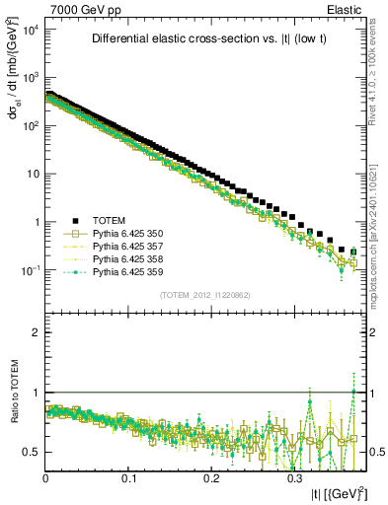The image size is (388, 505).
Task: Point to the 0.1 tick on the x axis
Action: [x=128, y=477]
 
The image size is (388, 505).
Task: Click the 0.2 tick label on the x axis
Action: [x=211, y=477]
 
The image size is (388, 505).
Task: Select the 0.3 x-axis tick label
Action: [x=294, y=477]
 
